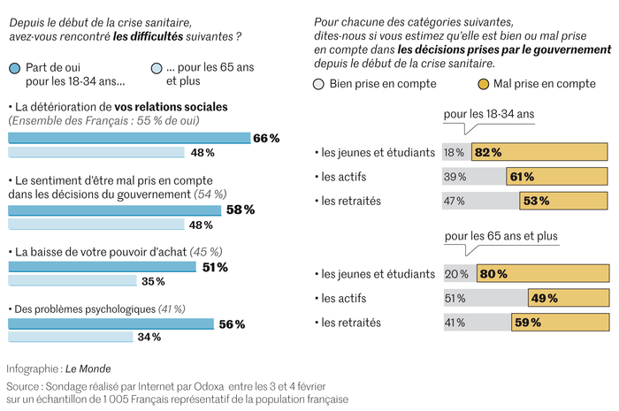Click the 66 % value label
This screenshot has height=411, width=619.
point(266,138)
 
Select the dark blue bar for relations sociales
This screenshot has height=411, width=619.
point(129,138)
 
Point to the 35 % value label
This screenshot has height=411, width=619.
point(153,281)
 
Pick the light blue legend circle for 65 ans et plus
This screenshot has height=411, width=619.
point(157,68)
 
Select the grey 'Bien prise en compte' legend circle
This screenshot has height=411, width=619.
point(319,84)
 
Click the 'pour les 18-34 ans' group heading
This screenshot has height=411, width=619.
point(489,115)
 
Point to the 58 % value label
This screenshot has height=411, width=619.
point(240,210)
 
